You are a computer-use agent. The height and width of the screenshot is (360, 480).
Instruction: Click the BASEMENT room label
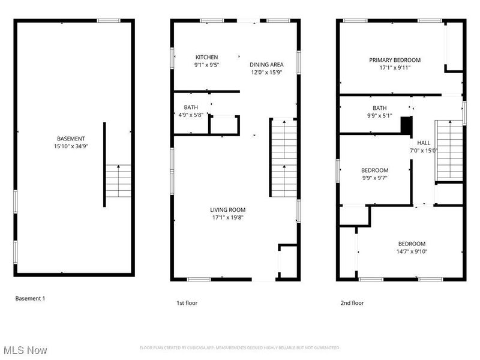pos(71,139)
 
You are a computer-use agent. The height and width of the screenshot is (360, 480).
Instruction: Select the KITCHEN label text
pos(206,57)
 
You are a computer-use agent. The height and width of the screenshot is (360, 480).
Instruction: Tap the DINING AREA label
pos(266,65)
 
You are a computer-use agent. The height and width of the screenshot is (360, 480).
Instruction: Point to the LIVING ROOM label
pos(227,209)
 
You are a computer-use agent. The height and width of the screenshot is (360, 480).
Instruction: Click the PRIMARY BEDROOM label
pos(395,60)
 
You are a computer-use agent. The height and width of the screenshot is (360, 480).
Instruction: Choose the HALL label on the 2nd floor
pos(424,143)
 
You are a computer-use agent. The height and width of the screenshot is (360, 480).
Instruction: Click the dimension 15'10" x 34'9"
pos(71,146)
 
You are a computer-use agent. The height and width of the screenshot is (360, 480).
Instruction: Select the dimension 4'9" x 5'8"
pos(191,115)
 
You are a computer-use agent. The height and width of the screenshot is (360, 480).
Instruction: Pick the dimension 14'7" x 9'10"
pos(412,251)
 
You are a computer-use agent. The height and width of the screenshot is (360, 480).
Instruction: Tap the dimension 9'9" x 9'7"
pos(374,178)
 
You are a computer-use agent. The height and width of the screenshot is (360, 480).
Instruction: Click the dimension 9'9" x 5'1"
pos(380,116)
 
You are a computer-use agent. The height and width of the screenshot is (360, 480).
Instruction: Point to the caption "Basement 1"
pos(30,298)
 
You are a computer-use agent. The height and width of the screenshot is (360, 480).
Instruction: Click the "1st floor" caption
pos(187,303)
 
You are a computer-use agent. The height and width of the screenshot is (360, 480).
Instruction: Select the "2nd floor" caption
pos(352,303)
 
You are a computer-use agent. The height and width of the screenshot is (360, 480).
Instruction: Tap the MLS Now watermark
pos(25,350)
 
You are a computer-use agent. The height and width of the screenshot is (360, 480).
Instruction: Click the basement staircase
pos(118,181)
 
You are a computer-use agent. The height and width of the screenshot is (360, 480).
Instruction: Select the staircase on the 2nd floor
pos(449,151)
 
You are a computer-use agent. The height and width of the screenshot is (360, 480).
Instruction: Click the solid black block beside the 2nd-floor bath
pos(407,125)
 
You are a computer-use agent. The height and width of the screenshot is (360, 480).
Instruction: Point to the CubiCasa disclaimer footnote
pos(239,348)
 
